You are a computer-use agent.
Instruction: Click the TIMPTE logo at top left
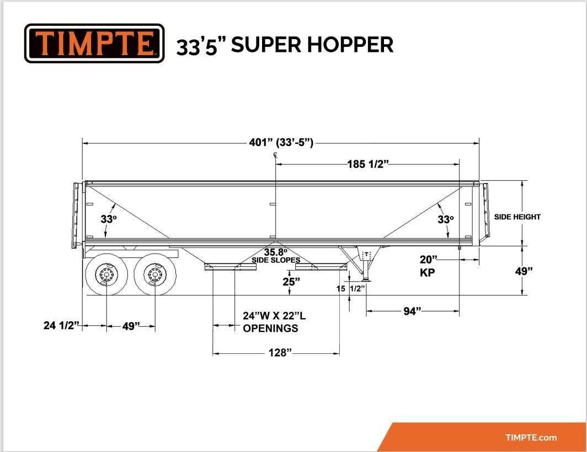click(x=94, y=43)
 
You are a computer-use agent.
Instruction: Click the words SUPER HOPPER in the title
click(x=312, y=45)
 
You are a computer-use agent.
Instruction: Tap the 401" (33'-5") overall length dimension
click(x=281, y=143)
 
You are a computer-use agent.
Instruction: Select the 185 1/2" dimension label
click(x=368, y=164)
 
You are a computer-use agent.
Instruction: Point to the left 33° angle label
click(x=109, y=219)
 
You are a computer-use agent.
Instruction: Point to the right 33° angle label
click(x=446, y=219)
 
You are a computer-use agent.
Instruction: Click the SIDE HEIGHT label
click(x=517, y=217)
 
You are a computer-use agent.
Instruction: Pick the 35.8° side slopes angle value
click(x=276, y=252)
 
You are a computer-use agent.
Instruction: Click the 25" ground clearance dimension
click(x=292, y=281)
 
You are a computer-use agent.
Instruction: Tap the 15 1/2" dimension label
click(x=351, y=288)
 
